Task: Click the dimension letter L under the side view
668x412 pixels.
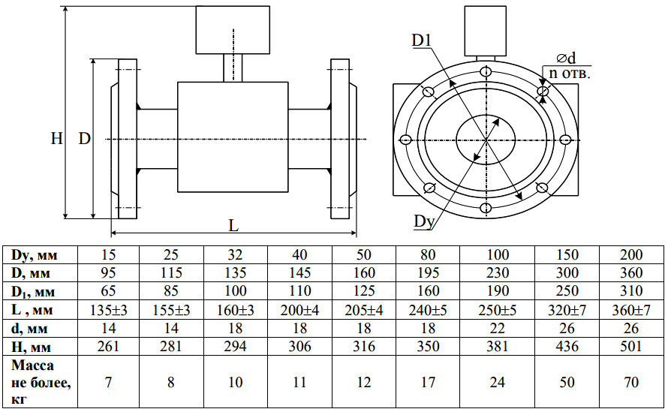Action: click(x=233, y=225)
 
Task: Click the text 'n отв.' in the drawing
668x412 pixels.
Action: click(x=568, y=74)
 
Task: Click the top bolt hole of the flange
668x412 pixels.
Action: click(x=486, y=72)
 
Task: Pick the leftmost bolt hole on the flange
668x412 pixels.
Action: click(x=407, y=140)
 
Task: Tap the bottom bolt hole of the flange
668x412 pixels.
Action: click(x=486, y=207)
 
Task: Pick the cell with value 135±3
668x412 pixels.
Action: click(x=109, y=309)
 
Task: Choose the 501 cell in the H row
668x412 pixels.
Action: click(x=631, y=345)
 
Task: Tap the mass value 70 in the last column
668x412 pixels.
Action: click(x=631, y=382)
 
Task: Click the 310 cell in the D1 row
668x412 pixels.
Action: click(x=631, y=291)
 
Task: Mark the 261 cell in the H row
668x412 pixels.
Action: click(x=109, y=345)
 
